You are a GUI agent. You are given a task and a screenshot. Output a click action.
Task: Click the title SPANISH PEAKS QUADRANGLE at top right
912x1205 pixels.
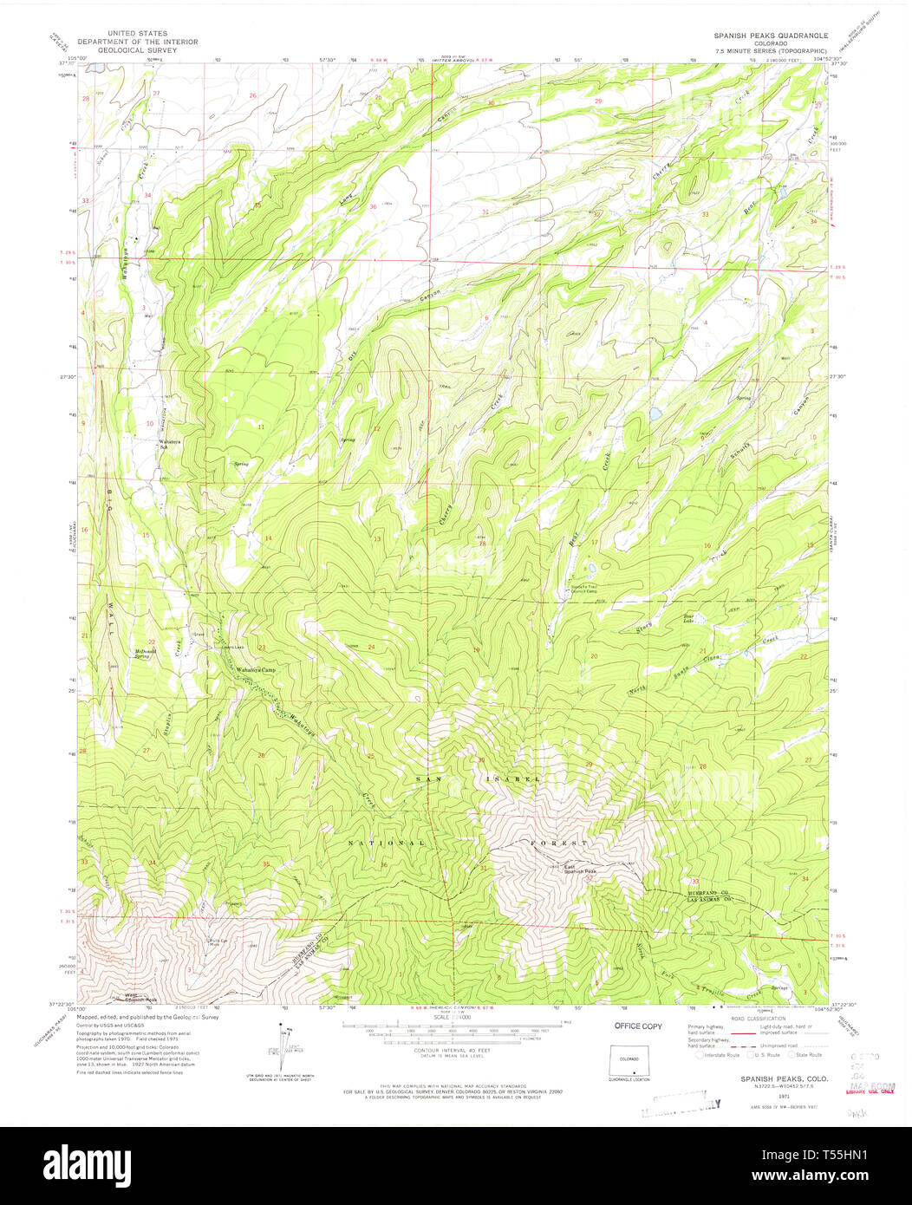771,36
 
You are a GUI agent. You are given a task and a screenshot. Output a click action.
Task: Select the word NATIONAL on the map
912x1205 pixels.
386,843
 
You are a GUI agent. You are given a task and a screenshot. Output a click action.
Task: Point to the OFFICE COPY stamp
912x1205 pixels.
638,1026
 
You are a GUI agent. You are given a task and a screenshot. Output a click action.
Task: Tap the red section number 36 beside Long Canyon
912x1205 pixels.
373,206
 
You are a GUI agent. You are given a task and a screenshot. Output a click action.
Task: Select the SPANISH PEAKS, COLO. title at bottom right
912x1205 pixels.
772,1078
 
